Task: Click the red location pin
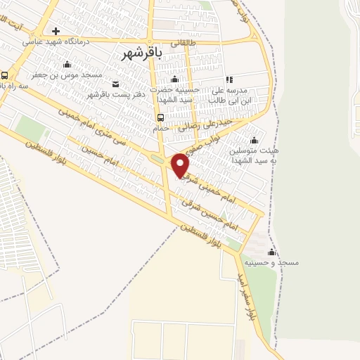pos(181,165)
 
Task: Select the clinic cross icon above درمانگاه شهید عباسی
pos(56,32)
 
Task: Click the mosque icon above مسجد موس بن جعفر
pos(69,64)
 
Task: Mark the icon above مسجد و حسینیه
pos(271,252)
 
